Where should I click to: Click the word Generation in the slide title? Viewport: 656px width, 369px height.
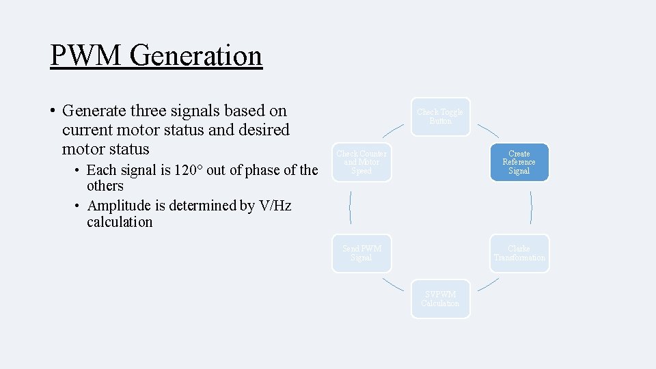(x=195, y=55)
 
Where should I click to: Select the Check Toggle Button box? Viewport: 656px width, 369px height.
(x=441, y=117)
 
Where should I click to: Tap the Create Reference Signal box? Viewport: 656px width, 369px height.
(x=519, y=163)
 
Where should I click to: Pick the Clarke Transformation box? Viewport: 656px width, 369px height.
(x=519, y=254)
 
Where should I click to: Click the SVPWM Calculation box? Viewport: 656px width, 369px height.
(x=441, y=299)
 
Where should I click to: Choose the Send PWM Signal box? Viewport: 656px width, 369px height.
(x=361, y=254)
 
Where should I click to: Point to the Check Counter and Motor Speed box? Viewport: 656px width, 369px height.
(x=361, y=163)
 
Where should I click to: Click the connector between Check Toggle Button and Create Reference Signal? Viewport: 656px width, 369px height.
(x=487, y=131)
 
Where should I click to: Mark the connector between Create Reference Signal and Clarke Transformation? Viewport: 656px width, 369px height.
(x=531, y=208)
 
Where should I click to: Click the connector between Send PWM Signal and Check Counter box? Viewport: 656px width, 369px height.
(x=351, y=208)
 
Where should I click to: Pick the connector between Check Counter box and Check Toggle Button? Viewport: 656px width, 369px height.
(x=393, y=131)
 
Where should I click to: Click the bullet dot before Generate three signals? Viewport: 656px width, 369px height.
(x=52, y=111)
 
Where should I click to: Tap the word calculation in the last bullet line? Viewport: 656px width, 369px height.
(x=120, y=222)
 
